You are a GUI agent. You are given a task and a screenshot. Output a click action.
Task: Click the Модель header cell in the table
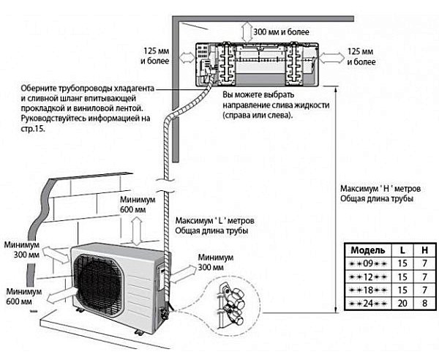[x=367, y=250]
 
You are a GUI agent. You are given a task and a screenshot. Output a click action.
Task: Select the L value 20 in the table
[x=402, y=303]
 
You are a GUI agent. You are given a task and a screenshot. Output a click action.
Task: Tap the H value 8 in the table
[x=424, y=303]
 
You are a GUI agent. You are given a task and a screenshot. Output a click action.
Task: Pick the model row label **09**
[x=368, y=263]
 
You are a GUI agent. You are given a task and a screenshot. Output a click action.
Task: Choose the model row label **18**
[x=368, y=290]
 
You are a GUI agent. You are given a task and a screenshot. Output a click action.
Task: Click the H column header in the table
[x=424, y=250]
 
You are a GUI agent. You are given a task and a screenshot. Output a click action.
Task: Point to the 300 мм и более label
[x=282, y=31]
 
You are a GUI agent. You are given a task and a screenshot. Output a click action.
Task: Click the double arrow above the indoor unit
[x=247, y=32]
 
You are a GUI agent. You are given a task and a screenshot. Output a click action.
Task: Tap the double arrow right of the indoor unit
[x=332, y=59]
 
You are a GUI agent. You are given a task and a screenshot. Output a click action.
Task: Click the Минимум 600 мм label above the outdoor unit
[x=138, y=205]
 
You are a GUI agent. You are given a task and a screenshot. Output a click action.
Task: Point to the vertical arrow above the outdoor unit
[x=137, y=231]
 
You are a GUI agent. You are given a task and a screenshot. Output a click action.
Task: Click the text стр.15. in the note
[x=33, y=130]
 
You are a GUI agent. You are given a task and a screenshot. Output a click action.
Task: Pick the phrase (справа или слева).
[x=258, y=116]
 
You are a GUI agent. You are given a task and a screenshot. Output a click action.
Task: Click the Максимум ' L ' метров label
[x=215, y=220]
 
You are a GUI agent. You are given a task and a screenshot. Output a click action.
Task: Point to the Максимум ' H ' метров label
[x=380, y=188]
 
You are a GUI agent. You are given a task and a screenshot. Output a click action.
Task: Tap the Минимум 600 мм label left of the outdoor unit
[x=24, y=296]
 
